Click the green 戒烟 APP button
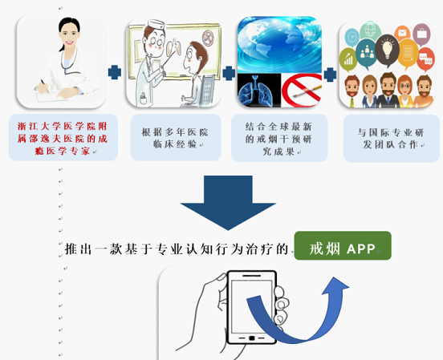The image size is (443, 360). tap(343, 245)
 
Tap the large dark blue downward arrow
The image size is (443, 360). tap(228, 202)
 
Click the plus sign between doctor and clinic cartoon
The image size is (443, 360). tap(115, 72)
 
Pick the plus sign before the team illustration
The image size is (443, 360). tap(330, 75)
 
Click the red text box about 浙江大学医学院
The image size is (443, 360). tap(63, 138)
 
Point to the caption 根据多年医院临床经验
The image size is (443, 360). tap(176, 138)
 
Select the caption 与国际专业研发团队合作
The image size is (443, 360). tap(392, 139)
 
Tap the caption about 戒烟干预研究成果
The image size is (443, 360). tap(279, 139)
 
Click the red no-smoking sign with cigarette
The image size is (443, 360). tap(302, 90)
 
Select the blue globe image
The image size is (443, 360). tap(279, 45)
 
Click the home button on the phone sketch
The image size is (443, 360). tap(251, 338)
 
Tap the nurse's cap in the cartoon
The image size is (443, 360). tap(156, 24)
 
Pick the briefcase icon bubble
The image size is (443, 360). tap(421, 34)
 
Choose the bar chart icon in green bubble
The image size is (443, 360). tap(348, 59)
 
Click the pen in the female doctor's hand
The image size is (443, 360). tap(44, 86)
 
